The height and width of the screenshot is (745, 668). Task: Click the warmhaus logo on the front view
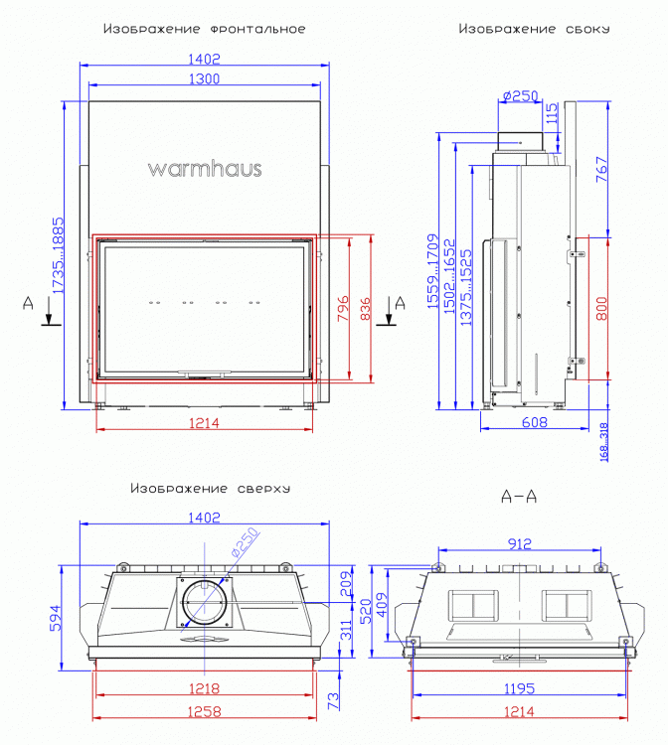[205, 168]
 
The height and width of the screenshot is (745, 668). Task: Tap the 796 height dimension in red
[340, 309]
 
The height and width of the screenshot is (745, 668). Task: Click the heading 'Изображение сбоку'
[534, 29]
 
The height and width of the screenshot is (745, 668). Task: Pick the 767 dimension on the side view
[601, 170]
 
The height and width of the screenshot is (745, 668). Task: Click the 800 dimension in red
[600, 310]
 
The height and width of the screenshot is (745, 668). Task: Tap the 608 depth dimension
[534, 422]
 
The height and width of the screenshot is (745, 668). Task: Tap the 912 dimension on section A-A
[519, 542]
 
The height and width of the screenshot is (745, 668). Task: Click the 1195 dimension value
[519, 688]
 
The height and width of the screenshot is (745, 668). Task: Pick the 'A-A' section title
[519, 497]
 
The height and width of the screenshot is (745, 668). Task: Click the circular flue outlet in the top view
[204, 603]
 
